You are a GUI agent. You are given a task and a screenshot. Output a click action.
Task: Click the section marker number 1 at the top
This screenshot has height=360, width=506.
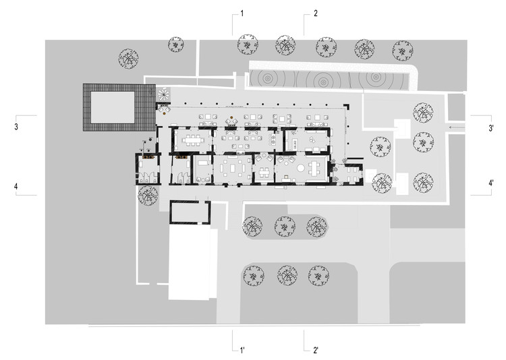pos(242,13)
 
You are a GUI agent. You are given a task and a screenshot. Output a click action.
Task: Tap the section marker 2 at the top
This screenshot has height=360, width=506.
pos(315,13)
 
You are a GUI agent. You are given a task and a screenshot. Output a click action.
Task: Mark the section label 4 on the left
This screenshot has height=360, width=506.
pos(15,185)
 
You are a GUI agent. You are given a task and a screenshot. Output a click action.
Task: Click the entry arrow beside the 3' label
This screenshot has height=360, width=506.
pos(457,127)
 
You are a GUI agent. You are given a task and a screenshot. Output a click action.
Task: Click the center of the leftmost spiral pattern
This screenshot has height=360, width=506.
pos(269,78)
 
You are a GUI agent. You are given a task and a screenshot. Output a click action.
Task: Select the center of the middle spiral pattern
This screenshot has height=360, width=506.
pos(323,80)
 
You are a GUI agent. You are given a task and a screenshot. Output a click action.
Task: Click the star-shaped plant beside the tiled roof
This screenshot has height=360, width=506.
pos(162,93)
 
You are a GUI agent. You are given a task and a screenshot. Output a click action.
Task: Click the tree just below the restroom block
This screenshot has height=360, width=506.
pos(148,196)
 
